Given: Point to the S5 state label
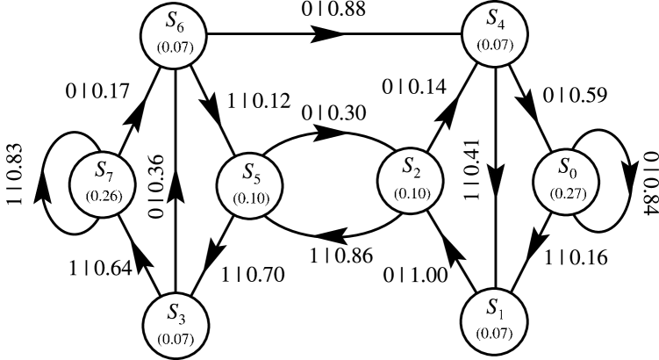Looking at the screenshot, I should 248,172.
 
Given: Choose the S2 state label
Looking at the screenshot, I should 409,167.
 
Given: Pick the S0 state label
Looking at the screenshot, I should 566,167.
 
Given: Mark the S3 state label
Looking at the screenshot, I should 175,313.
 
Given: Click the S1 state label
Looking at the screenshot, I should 495,309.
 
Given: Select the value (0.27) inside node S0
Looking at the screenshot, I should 567,192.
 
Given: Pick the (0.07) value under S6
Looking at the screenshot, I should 175,45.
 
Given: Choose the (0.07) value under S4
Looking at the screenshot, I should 495,44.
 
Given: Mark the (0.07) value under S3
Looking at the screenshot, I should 175,336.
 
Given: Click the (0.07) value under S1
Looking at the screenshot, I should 495,333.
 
